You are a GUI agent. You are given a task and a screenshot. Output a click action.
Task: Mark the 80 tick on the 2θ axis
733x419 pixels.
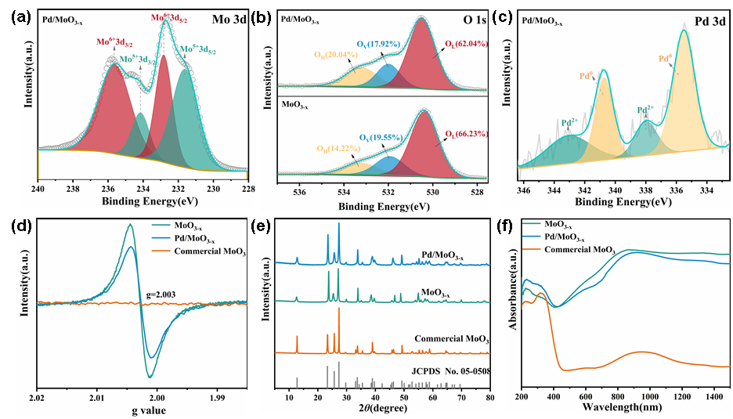[489, 398]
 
